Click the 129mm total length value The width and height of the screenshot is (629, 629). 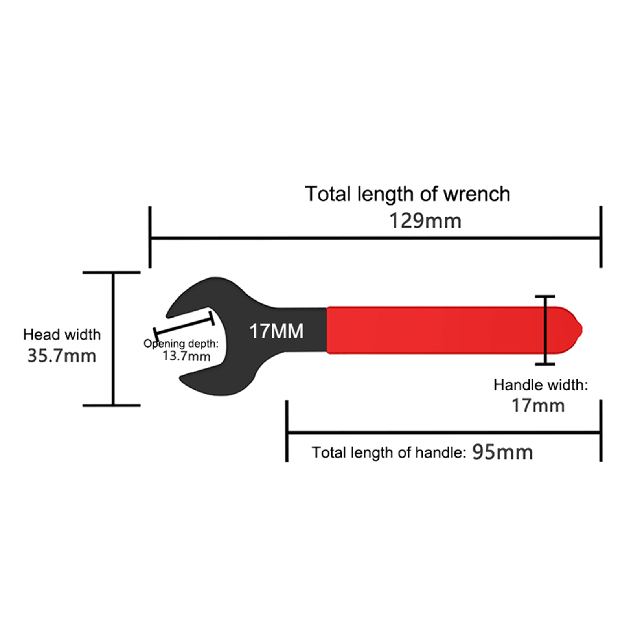pyautogui.click(x=425, y=221)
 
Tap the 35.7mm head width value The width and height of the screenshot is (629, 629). pyautogui.click(x=62, y=356)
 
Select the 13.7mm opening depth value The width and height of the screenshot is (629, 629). pyautogui.click(x=186, y=356)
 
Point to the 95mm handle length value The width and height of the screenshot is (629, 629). pyautogui.click(x=502, y=452)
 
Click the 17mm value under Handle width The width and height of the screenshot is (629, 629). pyautogui.click(x=538, y=405)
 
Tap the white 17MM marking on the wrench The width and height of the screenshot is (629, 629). pyautogui.click(x=276, y=331)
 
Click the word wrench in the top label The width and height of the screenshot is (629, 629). pyautogui.click(x=476, y=194)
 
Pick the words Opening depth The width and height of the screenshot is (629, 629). pyautogui.click(x=181, y=344)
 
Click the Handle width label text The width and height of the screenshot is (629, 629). pyautogui.click(x=541, y=385)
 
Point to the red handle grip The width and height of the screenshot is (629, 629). pyautogui.click(x=432, y=330)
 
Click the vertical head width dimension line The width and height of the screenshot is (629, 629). pyautogui.click(x=113, y=338)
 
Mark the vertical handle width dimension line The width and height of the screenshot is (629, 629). pyautogui.click(x=545, y=330)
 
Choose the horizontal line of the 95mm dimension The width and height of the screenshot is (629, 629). pyautogui.click(x=444, y=432)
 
